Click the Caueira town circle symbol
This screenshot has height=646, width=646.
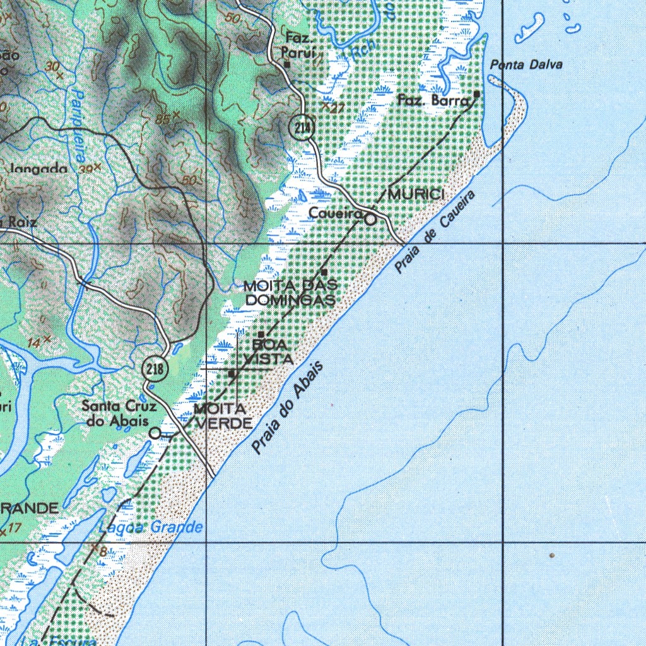click(371, 219)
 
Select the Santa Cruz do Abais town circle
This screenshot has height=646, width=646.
click(155, 433)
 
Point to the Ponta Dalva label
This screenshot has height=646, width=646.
click(526, 64)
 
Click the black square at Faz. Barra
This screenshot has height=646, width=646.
click(476, 94)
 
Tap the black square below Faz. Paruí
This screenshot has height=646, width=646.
click(286, 64)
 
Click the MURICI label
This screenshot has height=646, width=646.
click(416, 194)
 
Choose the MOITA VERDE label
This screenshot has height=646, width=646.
click(222, 416)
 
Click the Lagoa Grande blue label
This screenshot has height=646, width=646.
click(151, 527)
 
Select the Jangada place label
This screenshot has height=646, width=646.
click(39, 168)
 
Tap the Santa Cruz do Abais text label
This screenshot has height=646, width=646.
click(119, 413)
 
